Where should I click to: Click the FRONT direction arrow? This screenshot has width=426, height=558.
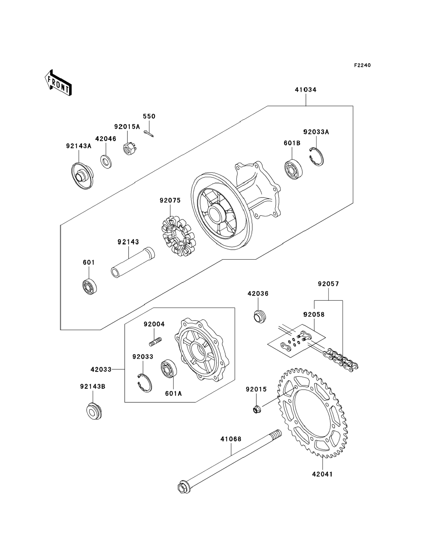tap(58, 83)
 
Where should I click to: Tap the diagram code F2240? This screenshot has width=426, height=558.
tap(362, 65)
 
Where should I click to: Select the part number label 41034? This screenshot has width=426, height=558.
tap(306, 90)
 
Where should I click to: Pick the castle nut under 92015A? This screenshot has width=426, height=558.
tap(129, 149)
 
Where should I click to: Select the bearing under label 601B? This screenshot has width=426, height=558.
tap(293, 170)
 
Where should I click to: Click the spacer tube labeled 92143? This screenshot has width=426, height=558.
tap(133, 262)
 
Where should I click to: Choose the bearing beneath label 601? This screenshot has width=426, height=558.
tap(90, 287)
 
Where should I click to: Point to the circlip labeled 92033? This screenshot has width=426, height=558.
tap(145, 383)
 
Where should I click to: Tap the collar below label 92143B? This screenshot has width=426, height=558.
tap(94, 411)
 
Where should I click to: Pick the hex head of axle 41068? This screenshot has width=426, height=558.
tap(184, 487)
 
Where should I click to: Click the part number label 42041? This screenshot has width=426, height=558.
tap(322, 474)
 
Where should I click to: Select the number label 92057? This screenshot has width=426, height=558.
tap(328, 284)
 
